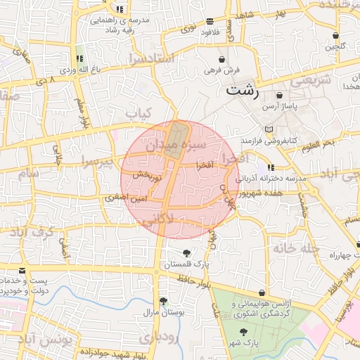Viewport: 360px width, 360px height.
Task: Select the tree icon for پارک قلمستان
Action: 186,253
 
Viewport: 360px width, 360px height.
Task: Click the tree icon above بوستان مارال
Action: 163,301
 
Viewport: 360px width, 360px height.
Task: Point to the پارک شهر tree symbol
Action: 243,331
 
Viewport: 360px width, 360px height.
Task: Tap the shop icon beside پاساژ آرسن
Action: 280,94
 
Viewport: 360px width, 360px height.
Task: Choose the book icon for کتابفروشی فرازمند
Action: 268,130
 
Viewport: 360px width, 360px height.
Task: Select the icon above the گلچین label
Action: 336,35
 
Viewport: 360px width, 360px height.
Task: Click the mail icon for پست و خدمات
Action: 22,271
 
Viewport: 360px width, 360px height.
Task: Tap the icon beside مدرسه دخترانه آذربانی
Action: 271,167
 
